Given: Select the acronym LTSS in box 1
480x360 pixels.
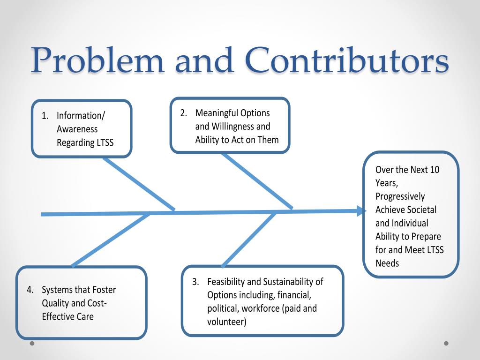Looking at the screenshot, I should tap(105, 142).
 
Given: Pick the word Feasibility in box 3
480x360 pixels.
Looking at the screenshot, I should tap(227, 282).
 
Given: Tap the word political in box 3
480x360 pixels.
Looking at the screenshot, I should tap(223, 308).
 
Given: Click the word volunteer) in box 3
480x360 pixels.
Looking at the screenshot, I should tap(227, 322).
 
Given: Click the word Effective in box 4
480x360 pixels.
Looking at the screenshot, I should tap(60, 316).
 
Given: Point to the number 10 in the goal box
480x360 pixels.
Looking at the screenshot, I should tap(435, 170).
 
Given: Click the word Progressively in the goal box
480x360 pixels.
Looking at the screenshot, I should tap(400, 196).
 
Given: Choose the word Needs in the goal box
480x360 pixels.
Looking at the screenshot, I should tap(387, 263).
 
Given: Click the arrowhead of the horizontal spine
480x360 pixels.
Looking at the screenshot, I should tap(361, 211).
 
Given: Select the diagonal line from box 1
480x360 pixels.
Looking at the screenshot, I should tap(139, 184).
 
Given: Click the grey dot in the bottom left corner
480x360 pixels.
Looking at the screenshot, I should tap(32, 343).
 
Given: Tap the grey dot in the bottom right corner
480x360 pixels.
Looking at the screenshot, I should tap(446, 343).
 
